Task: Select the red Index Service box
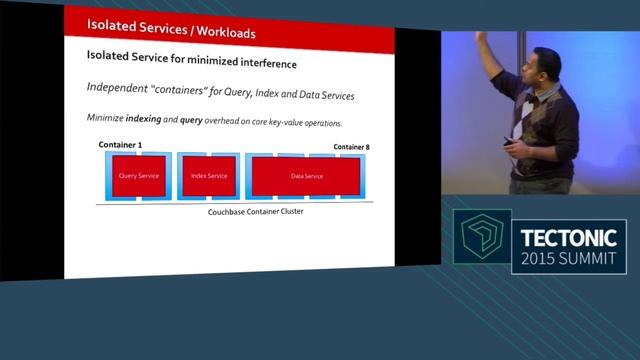(x=209, y=176)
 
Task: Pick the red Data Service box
(x=306, y=176)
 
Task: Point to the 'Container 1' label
(x=120, y=146)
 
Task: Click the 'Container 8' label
(x=351, y=147)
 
